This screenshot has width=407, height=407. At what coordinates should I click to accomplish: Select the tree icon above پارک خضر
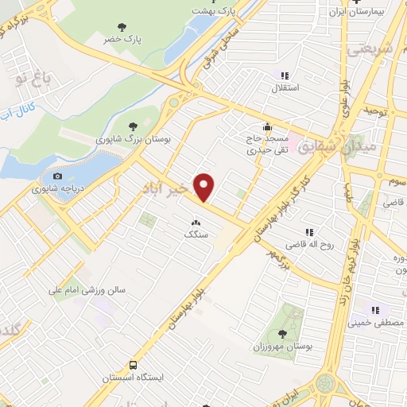[122, 27]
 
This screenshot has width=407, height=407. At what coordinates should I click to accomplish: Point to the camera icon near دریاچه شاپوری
[56, 176]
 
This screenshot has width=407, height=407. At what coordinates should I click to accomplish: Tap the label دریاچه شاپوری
[52, 189]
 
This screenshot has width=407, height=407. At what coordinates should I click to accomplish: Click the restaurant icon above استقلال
[285, 76]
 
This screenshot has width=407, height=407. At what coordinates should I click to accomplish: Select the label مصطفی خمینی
[376, 323]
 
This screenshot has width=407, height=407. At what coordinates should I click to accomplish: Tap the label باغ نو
[36, 78]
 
